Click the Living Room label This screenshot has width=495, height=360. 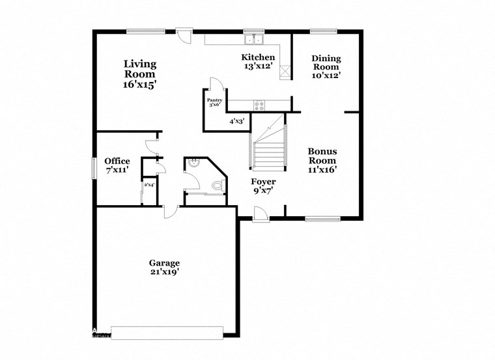141,74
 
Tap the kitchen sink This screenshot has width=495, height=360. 253,40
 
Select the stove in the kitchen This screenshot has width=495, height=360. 259,104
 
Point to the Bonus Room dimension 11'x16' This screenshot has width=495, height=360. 322,170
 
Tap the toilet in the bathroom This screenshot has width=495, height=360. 217,186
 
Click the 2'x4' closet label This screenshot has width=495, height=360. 149,185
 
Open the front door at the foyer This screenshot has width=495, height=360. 259,214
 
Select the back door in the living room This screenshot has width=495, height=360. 185,34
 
